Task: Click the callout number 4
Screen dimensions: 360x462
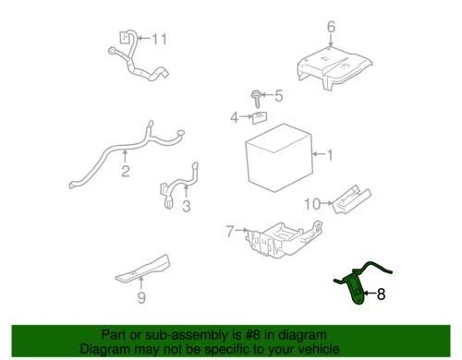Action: [x=235, y=117]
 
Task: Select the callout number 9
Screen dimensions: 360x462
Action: [x=141, y=297]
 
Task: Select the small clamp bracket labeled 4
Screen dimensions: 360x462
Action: [x=260, y=116]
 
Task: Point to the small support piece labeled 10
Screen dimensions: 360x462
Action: [x=349, y=196]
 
